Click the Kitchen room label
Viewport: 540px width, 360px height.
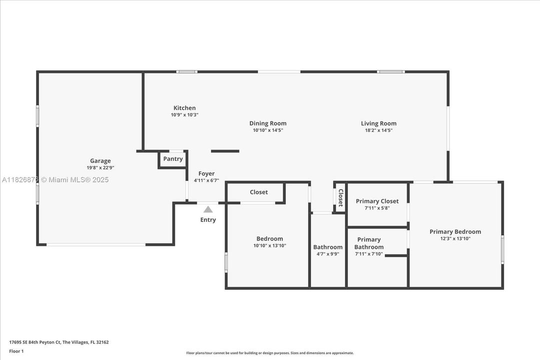click(184, 108)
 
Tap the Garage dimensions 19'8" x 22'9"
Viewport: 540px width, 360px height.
click(100, 168)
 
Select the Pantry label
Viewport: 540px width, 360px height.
click(173, 159)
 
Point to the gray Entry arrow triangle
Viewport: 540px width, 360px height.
click(207, 209)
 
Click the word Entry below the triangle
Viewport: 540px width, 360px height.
click(208, 220)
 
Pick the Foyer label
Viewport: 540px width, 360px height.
click(206, 173)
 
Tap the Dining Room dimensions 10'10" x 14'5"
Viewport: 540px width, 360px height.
click(268, 130)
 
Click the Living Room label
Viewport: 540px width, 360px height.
click(378, 123)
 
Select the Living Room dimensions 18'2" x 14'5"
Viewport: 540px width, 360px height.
click(379, 130)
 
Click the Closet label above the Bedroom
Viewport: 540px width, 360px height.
click(258, 192)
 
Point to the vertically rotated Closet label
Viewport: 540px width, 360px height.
click(340, 197)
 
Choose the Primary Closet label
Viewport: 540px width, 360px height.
click(377, 201)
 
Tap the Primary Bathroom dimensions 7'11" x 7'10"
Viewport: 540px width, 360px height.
click(369, 254)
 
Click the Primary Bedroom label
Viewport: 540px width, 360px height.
click(455, 231)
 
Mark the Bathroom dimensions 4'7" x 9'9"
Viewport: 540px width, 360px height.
click(328, 254)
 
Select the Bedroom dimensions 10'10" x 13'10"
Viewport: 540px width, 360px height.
click(269, 245)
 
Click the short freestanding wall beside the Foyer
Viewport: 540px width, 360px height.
click(225, 151)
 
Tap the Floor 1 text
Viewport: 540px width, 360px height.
click(16, 351)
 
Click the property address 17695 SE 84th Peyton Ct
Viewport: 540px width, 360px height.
click(35, 342)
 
